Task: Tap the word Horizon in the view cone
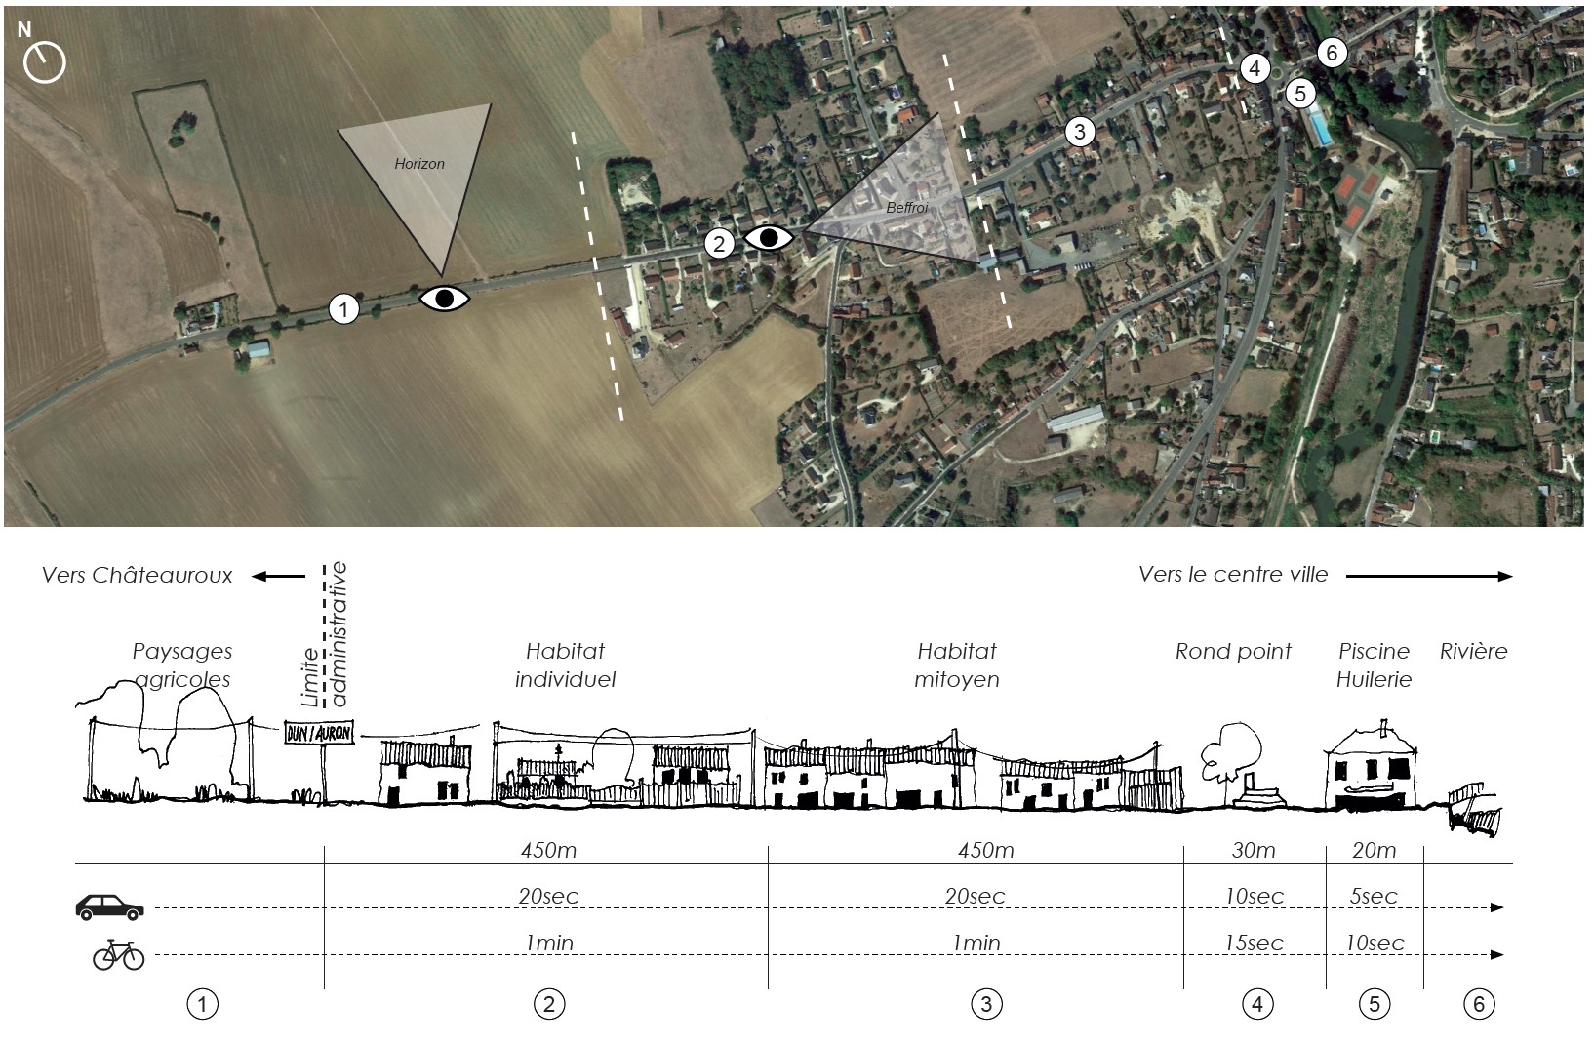coord(419,164)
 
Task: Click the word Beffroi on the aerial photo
coord(906,209)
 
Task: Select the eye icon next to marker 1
coord(445,299)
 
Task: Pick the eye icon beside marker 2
coord(769,237)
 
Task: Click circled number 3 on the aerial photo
coord(1079,131)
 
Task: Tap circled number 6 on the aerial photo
coord(1332,53)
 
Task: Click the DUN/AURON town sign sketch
coord(319,732)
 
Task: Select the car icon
coord(110,906)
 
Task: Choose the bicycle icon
coord(118,954)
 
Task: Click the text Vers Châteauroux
coord(138,575)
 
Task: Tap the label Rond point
coord(1233,651)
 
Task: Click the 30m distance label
coord(1253,850)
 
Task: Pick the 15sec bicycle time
coord(1255,943)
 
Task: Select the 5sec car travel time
coord(1374,896)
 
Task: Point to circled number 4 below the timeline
coord(1256,1003)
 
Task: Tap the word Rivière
coord(1473,651)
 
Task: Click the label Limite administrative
coord(324,634)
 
